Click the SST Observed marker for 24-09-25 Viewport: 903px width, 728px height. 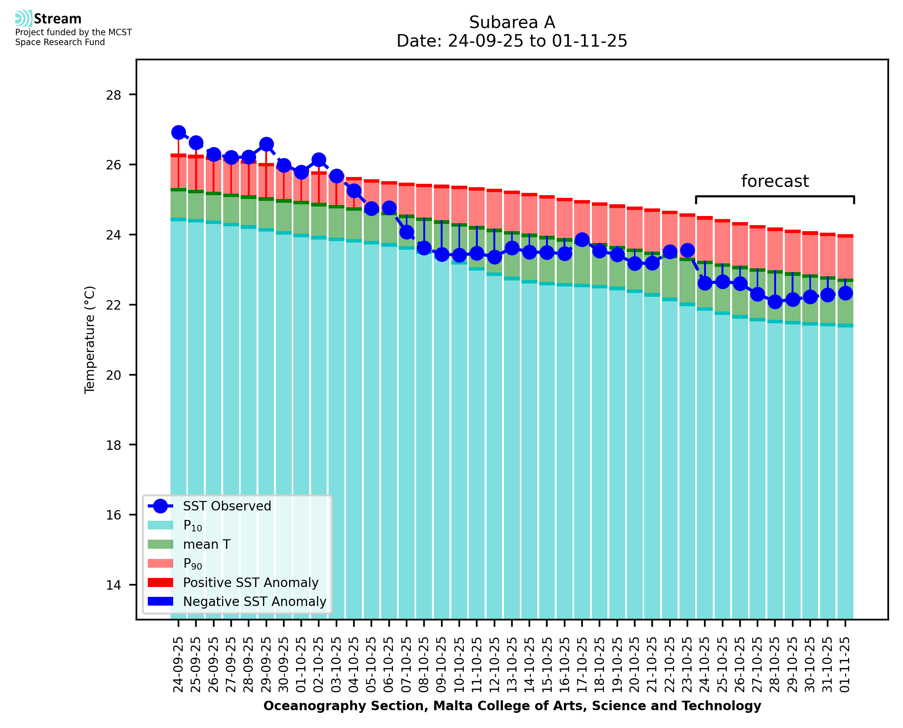pyautogui.click(x=178, y=133)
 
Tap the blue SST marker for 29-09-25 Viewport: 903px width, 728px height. pyautogui.click(x=266, y=144)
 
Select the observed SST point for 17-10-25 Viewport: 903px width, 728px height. pyautogui.click(x=582, y=240)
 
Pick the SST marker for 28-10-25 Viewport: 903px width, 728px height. pyautogui.click(x=775, y=302)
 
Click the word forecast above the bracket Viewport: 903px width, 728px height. pyautogui.click(x=775, y=181)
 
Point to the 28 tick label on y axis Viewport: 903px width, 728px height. pyautogui.click(x=114, y=95)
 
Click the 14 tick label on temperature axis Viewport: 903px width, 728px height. pyautogui.click(x=114, y=585)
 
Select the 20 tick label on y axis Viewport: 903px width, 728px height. pyautogui.click(x=114, y=375)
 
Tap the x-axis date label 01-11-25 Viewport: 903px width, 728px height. pyautogui.click(x=845, y=665)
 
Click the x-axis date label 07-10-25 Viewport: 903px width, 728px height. pyautogui.click(x=407, y=665)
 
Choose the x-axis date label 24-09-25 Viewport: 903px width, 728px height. pyautogui.click(x=178, y=665)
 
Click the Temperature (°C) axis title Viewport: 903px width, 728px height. pyautogui.click(x=90, y=340)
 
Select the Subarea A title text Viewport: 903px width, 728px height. pyautogui.click(x=512, y=22)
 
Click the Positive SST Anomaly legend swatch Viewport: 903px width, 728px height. pyautogui.click(x=161, y=582)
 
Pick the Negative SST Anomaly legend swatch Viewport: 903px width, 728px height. pyautogui.click(x=161, y=601)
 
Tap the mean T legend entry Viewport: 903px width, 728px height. pyautogui.click(x=207, y=544)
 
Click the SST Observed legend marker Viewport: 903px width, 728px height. pyautogui.click(x=161, y=506)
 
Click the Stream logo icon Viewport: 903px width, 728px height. pyautogui.click(x=23, y=19)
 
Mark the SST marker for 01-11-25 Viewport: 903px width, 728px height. pyautogui.click(x=845, y=293)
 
